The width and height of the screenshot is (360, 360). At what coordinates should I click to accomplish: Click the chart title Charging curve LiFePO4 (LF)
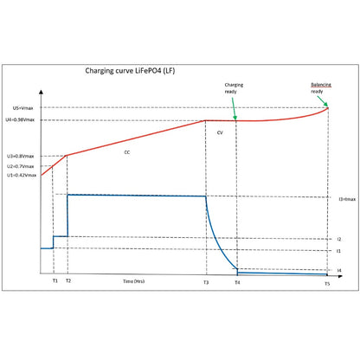point(130,71)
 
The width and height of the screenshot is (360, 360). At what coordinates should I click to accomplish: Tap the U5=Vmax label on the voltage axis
point(22,108)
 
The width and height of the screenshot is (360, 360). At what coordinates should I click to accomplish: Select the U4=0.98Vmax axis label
point(20,119)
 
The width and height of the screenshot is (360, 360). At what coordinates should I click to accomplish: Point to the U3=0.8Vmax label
point(21,156)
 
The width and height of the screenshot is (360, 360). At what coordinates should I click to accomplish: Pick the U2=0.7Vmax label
point(21,166)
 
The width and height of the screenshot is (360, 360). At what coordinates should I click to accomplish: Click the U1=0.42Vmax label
point(22,175)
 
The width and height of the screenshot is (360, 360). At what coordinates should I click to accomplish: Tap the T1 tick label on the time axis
point(55,280)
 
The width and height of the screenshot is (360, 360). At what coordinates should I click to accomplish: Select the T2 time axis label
point(68,280)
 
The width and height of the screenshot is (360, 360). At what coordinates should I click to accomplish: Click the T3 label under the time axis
point(206,282)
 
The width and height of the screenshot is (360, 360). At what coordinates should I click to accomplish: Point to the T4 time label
point(237,282)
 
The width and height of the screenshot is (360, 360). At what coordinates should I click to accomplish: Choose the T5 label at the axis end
point(327,284)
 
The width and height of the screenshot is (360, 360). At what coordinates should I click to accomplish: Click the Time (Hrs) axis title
point(134,281)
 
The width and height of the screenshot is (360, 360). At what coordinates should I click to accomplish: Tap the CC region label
point(127,152)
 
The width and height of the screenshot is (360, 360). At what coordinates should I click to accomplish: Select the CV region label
point(220,132)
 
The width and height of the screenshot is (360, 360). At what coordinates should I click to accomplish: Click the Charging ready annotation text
point(234,88)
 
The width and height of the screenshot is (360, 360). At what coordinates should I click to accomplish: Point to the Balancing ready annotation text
point(321,88)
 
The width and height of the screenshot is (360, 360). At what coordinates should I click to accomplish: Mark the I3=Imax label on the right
point(347,199)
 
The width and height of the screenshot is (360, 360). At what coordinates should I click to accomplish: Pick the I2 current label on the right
point(339,239)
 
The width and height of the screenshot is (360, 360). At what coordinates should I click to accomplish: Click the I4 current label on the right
point(339,270)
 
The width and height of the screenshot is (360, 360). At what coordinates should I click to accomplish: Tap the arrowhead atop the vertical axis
point(41,92)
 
